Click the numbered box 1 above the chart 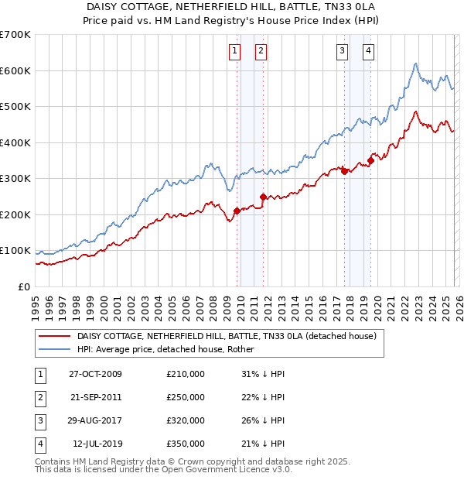click(234, 52)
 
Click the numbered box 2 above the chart click(261, 52)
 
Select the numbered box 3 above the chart click(342, 52)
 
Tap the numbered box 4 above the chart click(368, 52)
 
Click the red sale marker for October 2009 click(237, 211)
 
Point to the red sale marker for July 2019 click(370, 160)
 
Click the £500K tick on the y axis click(15, 106)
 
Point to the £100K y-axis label click(15, 250)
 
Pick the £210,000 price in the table click(186, 374)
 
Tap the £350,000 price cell click(186, 444)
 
